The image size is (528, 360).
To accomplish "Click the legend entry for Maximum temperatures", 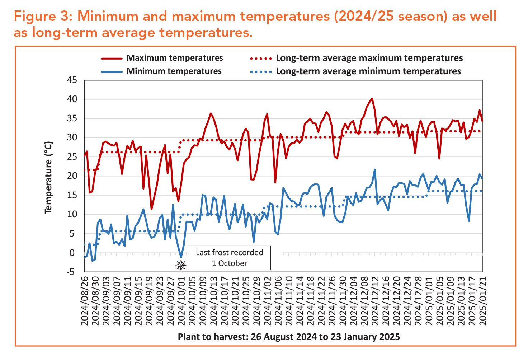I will (175, 58).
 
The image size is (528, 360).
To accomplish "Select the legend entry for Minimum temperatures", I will (174, 71).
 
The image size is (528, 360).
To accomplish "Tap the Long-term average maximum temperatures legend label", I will (369, 58).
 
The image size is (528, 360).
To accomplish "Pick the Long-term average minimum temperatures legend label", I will (368, 71).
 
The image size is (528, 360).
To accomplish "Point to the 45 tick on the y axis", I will (72, 80).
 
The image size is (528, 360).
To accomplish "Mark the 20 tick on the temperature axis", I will (72, 176).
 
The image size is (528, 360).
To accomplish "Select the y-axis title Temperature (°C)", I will (48, 178).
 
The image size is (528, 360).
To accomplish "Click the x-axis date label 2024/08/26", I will (85, 300).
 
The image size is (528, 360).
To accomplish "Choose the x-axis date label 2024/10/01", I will (181, 300).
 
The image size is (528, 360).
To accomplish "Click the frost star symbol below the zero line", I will (181, 265).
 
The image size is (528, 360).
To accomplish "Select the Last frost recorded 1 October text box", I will (229, 258).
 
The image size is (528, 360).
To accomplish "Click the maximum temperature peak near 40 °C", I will (372, 98).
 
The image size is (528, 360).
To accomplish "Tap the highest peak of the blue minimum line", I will (375, 170).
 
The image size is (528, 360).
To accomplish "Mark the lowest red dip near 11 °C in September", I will (152, 209).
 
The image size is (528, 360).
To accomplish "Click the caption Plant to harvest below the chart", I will (289, 337).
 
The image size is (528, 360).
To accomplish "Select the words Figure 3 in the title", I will (42, 16).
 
